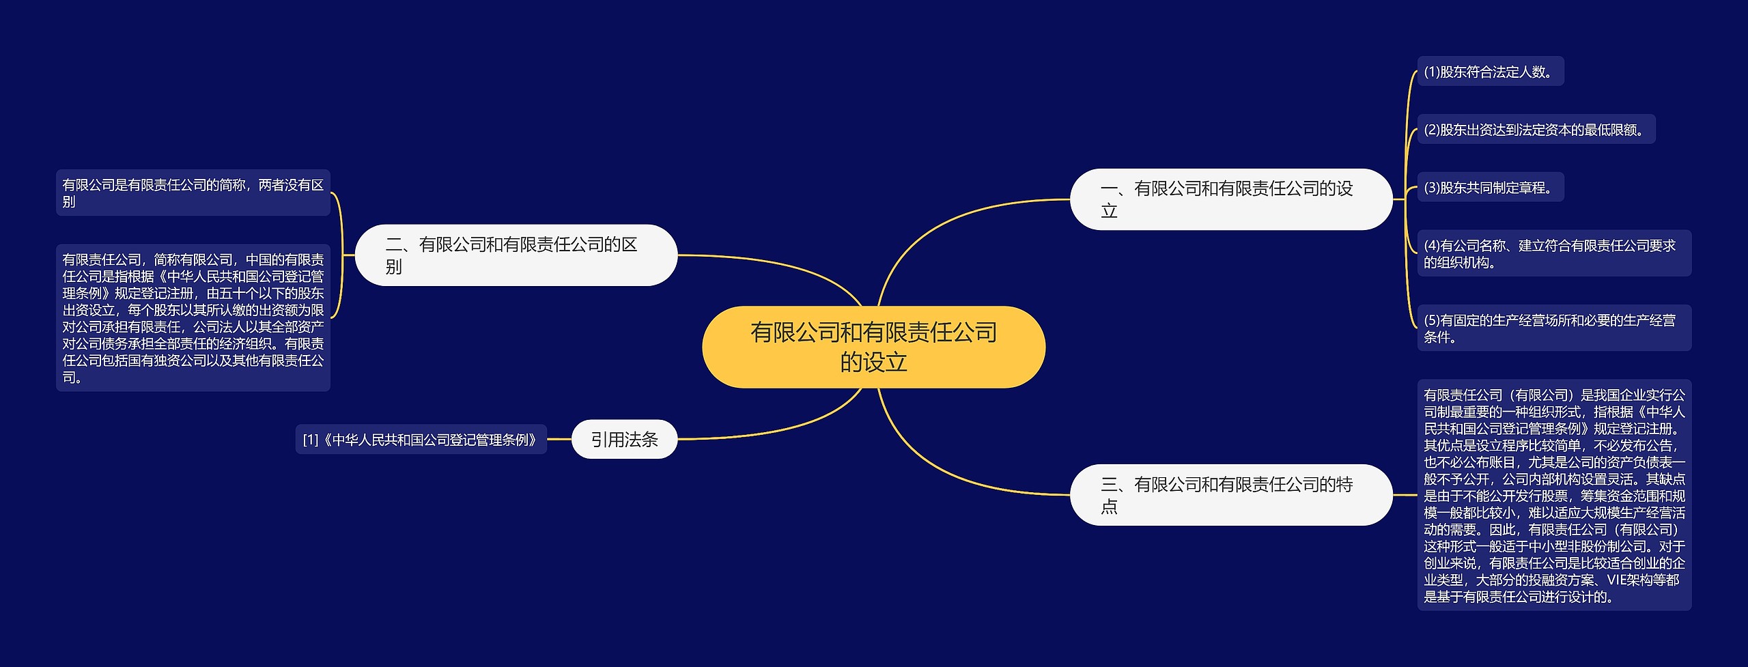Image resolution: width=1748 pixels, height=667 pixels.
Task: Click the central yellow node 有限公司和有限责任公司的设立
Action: (873, 347)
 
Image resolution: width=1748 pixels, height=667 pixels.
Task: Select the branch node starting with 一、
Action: (1230, 199)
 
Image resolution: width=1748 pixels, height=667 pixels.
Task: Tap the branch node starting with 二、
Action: (516, 255)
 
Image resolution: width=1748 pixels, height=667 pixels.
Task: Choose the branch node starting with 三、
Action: (1230, 495)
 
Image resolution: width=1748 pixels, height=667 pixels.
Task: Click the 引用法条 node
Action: (624, 440)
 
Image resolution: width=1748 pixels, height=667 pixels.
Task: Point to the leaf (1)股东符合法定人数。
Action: (1490, 72)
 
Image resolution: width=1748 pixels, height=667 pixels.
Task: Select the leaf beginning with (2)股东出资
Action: (1536, 130)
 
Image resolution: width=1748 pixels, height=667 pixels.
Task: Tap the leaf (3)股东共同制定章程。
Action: (1490, 188)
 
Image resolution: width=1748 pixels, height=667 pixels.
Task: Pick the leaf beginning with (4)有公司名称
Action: (1553, 253)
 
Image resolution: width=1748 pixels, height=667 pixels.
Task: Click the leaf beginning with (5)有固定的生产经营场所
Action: (1553, 328)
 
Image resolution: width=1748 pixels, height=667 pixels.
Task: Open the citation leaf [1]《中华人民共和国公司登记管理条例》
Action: (421, 440)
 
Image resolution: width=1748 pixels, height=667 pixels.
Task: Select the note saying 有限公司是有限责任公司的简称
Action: (193, 193)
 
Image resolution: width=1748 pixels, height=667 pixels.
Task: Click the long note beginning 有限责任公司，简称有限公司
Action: (193, 318)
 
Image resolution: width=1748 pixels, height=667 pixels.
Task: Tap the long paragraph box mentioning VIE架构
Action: (1553, 495)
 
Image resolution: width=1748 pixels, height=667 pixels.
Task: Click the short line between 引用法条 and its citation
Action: (559, 440)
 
